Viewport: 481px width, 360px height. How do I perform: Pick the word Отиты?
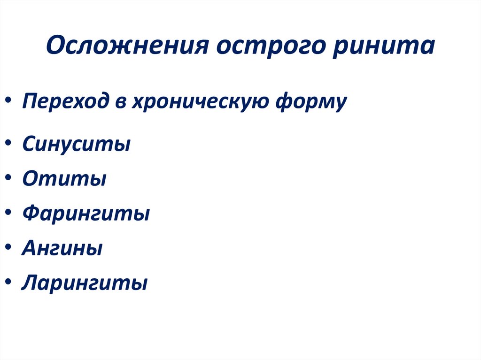click(x=64, y=178)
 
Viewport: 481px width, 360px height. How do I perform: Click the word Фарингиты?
click(x=86, y=214)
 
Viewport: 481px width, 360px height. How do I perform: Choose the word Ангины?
click(x=62, y=248)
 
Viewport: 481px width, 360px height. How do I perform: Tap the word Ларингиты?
click(x=85, y=283)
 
